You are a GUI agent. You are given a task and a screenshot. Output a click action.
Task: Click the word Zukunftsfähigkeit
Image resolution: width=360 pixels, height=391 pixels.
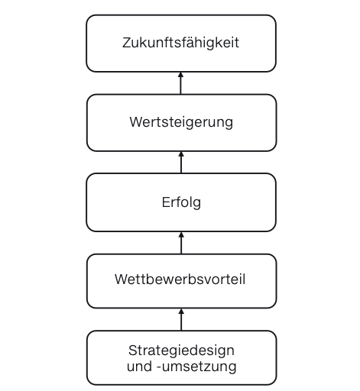pyautogui.click(x=180, y=43)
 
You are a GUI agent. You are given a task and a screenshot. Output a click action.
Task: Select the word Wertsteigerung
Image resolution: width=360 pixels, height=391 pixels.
pyautogui.click(x=181, y=122)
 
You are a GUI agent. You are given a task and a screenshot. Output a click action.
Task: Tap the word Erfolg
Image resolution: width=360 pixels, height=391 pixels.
pyautogui.click(x=181, y=203)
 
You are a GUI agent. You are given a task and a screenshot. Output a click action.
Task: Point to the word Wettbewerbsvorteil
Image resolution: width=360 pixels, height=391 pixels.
pyautogui.click(x=180, y=280)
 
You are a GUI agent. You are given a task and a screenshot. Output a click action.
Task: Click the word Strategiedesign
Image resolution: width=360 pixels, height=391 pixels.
pyautogui.click(x=181, y=351)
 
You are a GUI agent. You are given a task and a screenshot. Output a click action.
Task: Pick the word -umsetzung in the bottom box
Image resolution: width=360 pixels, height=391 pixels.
pyautogui.click(x=196, y=367)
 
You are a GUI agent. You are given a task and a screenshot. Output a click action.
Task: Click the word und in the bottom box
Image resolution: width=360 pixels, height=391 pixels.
pyautogui.click(x=139, y=367)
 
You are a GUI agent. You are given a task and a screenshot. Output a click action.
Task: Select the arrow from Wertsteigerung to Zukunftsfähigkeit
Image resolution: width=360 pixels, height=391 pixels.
pyautogui.click(x=181, y=83)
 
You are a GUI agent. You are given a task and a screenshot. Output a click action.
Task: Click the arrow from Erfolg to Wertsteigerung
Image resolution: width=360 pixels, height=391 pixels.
pyautogui.click(x=181, y=163)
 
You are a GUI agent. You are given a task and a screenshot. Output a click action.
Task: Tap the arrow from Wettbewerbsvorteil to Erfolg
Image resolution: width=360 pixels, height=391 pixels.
pyautogui.click(x=181, y=243)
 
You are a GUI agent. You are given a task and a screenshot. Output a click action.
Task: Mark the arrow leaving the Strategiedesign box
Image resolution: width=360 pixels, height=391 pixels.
pyautogui.click(x=181, y=320)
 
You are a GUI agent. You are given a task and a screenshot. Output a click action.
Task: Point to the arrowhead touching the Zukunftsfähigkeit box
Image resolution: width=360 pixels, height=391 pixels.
pyautogui.click(x=181, y=75)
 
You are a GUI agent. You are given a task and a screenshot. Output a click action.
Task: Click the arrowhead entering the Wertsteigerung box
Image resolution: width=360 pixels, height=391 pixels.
pyautogui.click(x=181, y=154)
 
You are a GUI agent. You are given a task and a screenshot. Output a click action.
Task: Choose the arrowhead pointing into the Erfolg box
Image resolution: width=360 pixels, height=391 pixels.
pyautogui.click(x=181, y=234)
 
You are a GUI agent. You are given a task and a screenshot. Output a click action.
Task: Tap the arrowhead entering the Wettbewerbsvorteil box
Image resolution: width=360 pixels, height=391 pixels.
pyautogui.click(x=181, y=312)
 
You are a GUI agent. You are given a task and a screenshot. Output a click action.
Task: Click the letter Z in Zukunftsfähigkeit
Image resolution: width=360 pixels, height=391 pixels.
pyautogui.click(x=127, y=43)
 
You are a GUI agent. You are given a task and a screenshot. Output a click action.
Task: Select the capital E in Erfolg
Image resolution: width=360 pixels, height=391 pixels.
pyautogui.click(x=166, y=202)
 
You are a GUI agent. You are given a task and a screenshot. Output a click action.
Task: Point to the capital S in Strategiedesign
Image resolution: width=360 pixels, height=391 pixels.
pyautogui.click(x=133, y=351)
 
